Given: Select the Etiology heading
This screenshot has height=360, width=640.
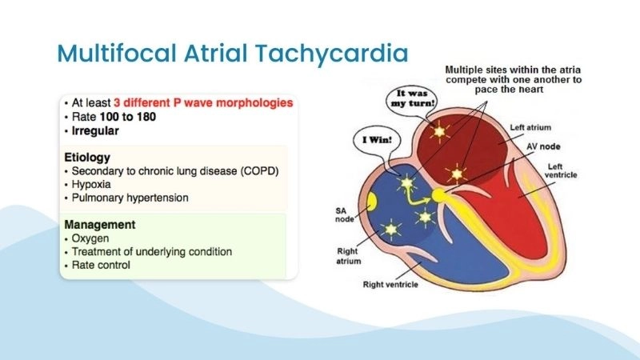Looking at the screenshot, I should [88, 158].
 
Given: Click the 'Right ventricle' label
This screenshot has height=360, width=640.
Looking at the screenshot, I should [399, 283].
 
